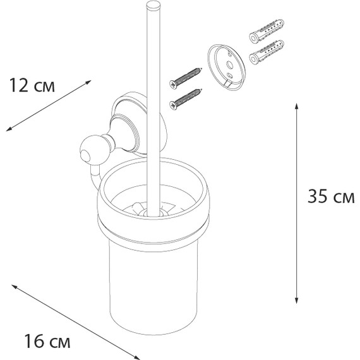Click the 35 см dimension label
tap(330, 197)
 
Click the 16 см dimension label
tap(44, 343)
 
